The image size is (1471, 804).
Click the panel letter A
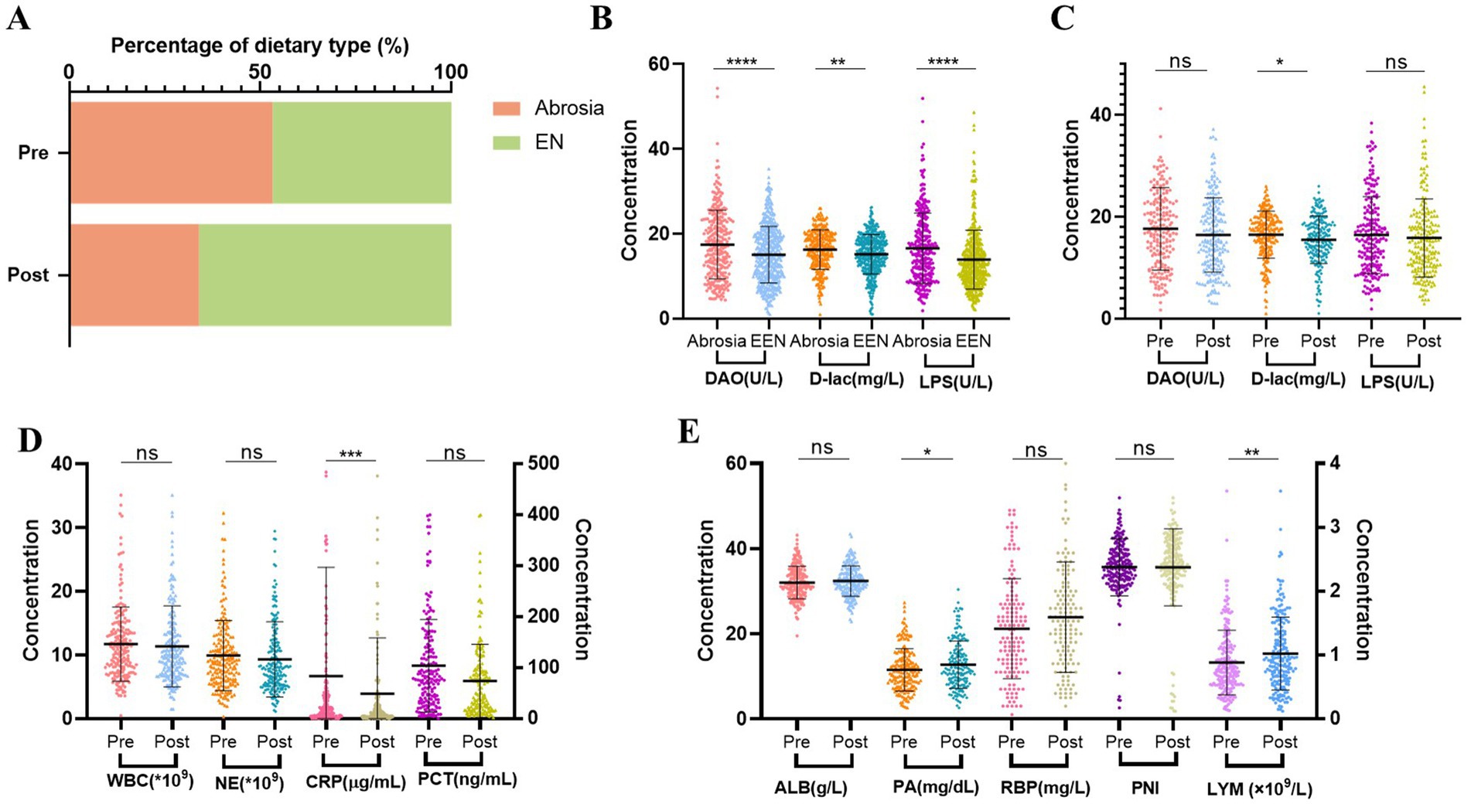tap(19, 19)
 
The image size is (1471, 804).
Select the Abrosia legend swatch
tap(507, 108)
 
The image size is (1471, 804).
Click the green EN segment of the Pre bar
tap(361, 152)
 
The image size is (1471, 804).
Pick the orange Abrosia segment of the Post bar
tap(134, 274)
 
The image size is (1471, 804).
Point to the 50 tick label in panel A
tap(260, 72)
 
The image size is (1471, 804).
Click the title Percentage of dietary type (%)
tap(260, 46)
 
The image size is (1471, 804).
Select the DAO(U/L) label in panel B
tap(743, 379)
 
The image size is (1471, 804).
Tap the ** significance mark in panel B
tap(838, 63)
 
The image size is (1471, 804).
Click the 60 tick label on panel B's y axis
tap(659, 63)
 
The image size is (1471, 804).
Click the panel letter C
tap(1062, 19)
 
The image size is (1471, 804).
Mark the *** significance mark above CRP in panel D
tap(350, 455)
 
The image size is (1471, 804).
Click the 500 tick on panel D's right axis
tap(543, 464)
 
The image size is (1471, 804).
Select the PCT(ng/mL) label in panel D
tap(467, 778)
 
